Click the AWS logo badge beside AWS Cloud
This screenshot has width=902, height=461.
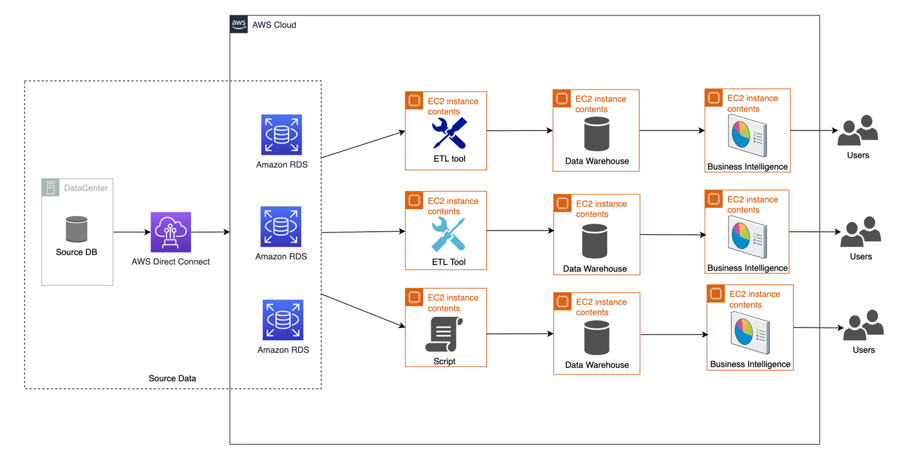coord(239,25)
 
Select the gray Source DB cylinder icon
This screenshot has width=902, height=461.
coord(76,229)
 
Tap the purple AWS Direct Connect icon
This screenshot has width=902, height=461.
coord(171,232)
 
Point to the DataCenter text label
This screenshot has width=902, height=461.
coord(86,188)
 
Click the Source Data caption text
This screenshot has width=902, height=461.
coord(172,378)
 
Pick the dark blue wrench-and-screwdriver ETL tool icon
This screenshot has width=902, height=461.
coord(449,133)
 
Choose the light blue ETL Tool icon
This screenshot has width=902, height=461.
coord(448,234)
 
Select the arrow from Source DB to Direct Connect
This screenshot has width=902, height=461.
coord(132,232)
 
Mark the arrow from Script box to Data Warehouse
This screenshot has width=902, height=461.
coord(520,334)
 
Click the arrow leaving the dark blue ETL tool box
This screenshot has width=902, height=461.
coord(519,131)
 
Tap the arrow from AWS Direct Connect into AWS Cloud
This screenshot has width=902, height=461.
coord(211,232)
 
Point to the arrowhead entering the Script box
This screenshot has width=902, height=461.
coord(402,326)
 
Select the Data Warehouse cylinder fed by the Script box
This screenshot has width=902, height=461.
coord(596,338)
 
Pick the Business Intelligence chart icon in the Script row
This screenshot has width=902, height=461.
coord(750,332)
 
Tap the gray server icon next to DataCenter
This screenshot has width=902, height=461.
coord(51,188)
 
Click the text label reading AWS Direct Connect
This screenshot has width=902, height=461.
coord(171,261)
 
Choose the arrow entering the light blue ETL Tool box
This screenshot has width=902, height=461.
coord(363,232)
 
